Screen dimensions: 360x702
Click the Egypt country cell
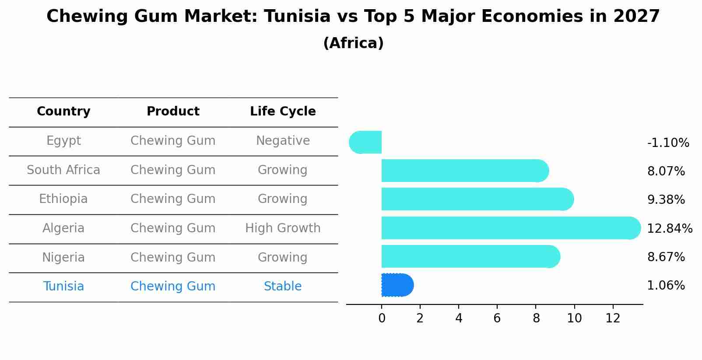coord(63,141)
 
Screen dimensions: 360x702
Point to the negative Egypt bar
coord(366,142)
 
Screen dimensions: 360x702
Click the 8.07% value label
coord(666,171)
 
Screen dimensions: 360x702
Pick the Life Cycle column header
coord(283,112)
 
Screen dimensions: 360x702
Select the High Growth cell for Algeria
coord(283,228)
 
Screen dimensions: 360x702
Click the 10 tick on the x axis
coord(574,318)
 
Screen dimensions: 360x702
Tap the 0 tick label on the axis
coord(382,318)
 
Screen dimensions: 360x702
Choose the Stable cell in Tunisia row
coord(283,287)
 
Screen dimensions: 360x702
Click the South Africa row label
coord(63,170)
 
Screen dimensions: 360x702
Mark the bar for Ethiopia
coord(477,199)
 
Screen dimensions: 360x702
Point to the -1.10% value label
coord(668,143)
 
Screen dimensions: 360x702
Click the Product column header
coord(173,112)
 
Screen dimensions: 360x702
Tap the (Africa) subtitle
coord(353,43)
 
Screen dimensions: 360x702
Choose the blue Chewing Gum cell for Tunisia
coord(173,287)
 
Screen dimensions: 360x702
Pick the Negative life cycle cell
coord(283,141)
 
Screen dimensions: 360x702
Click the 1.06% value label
coord(666,286)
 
